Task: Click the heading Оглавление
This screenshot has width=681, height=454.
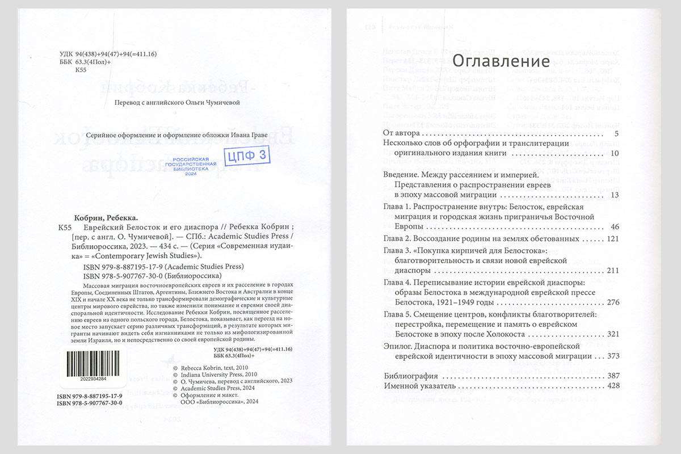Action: click(501, 61)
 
